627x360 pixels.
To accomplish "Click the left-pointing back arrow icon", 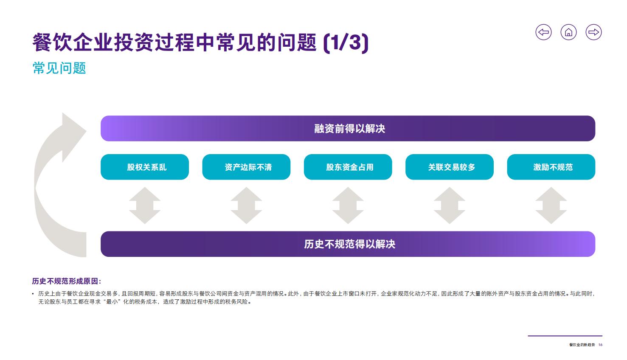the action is coord(544,32).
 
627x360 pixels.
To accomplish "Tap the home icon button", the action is coord(568,32).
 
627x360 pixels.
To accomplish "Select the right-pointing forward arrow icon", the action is coord(594,32).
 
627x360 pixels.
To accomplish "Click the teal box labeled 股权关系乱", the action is coord(145,167).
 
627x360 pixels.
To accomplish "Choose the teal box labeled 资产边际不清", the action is coord(246,167).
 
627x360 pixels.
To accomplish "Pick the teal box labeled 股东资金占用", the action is coord(348,167).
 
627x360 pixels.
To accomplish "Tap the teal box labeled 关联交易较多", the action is coord(450,167).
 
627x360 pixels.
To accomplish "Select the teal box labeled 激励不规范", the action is coord(551,167).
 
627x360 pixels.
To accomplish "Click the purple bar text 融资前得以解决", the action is coord(349,129).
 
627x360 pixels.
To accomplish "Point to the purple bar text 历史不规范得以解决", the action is coord(349,244).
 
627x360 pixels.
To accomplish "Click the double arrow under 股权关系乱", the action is coord(145,205).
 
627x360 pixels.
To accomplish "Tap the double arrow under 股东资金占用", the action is coord(348,205).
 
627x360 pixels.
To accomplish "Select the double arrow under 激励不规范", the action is coord(551,205).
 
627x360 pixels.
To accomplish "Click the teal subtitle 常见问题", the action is coord(59,68).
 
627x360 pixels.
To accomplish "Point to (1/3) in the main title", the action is coord(346,42).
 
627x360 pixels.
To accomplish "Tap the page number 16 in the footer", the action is coord(600,345).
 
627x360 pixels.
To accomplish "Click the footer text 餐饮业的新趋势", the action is coord(582,345).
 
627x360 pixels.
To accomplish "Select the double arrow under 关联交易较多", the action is coord(450,205).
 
